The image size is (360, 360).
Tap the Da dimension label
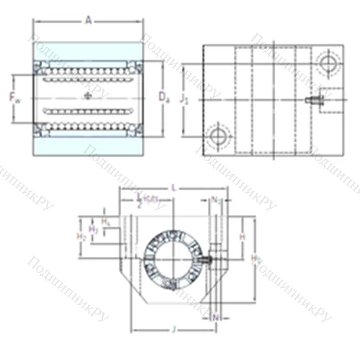pos(164,95)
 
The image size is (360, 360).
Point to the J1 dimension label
pos(184,100)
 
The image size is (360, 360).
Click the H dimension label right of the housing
pos(243,237)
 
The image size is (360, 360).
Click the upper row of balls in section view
pos(88,73)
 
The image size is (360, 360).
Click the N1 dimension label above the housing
pos(216,199)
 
